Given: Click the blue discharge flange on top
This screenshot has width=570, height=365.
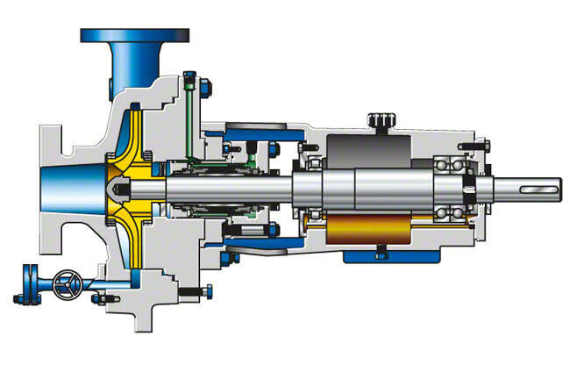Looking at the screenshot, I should tap(134, 35).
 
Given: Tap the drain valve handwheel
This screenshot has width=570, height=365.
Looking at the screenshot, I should tap(63, 283).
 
